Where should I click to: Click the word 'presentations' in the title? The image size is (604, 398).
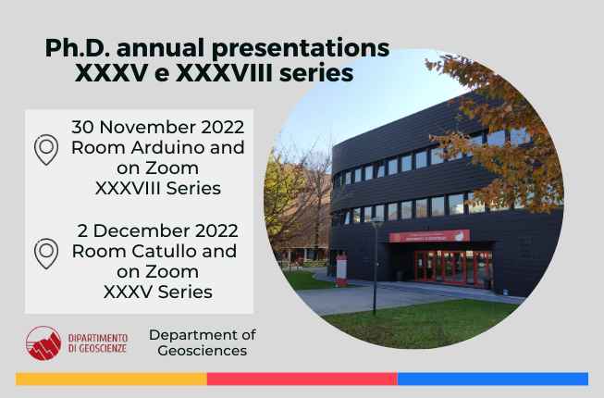pyautogui.click(x=301, y=49)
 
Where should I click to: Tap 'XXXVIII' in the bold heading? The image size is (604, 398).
pyautogui.click(x=224, y=73)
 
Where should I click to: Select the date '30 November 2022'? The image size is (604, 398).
pyautogui.click(x=158, y=127)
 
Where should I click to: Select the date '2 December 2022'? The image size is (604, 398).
pyautogui.click(x=158, y=230)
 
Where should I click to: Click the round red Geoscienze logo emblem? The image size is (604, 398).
pyautogui.click(x=43, y=342)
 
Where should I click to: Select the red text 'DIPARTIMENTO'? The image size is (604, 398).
pyautogui.click(x=98, y=338)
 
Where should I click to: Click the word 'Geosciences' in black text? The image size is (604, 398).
pyautogui.click(x=203, y=351)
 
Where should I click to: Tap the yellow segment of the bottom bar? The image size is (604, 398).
pyautogui.click(x=111, y=379)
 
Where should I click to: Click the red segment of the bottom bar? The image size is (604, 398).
pyautogui.click(x=302, y=379)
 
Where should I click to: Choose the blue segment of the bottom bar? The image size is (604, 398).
pyautogui.click(x=493, y=379)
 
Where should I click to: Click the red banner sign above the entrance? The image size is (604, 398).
pyautogui.click(x=429, y=236)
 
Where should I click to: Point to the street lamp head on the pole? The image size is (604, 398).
pyautogui.click(x=376, y=223)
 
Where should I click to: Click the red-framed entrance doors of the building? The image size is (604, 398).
pyautogui.click(x=453, y=267)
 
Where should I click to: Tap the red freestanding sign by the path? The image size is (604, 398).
pyautogui.click(x=341, y=270)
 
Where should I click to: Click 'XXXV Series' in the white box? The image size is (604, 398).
pyautogui.click(x=158, y=292)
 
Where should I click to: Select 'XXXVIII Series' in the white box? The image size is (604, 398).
pyautogui.click(x=158, y=189)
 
